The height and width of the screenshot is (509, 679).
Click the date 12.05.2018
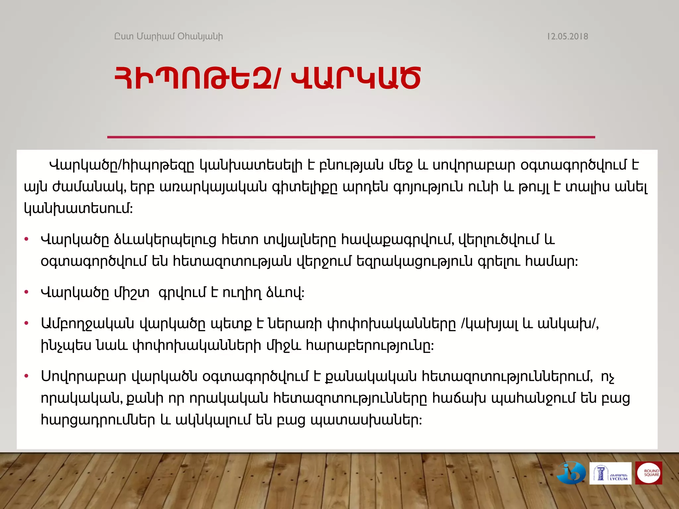pos(567,36)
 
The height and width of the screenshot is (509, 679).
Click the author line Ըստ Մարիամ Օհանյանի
pos(168,36)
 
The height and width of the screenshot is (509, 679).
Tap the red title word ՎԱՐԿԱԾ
pos(355,78)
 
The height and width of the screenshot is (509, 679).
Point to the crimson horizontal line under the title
pos(351,137)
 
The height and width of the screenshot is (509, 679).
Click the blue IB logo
pos(571,473)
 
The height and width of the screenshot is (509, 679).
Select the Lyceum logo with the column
pos(610,473)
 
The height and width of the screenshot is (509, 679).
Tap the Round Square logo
pos(648,473)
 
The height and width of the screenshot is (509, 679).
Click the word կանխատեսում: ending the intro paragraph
pos(78,209)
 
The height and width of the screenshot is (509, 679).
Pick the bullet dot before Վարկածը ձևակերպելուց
pos(27,239)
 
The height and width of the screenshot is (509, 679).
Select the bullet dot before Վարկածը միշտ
pos(27,292)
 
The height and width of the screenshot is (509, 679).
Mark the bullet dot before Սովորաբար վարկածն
pos(27,376)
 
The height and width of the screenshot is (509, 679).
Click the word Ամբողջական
pos(88,323)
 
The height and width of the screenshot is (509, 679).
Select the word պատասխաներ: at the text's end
pos(366,420)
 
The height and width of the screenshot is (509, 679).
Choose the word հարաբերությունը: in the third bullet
pos(370,346)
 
